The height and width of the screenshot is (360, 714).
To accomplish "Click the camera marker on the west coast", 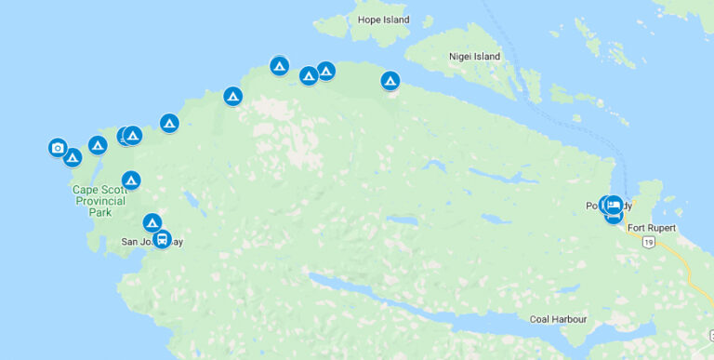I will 58,147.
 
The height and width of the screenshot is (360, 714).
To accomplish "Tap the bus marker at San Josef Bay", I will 162,239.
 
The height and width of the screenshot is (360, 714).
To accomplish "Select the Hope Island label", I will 383,20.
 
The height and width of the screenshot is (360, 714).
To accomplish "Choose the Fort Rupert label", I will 651,228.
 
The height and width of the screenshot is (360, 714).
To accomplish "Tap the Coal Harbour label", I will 558,319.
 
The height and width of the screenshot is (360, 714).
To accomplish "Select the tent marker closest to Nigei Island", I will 390,81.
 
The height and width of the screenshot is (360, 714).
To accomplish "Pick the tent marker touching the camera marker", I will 73,157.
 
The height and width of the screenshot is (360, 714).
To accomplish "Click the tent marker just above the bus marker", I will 152,222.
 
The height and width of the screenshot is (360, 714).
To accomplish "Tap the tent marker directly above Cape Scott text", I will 131,180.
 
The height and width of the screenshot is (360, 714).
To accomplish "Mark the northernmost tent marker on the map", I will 279,65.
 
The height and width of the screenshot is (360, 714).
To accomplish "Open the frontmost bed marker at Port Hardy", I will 614,205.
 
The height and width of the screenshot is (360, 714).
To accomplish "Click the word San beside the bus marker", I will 130,242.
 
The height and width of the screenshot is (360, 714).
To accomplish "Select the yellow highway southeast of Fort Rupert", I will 693,274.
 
